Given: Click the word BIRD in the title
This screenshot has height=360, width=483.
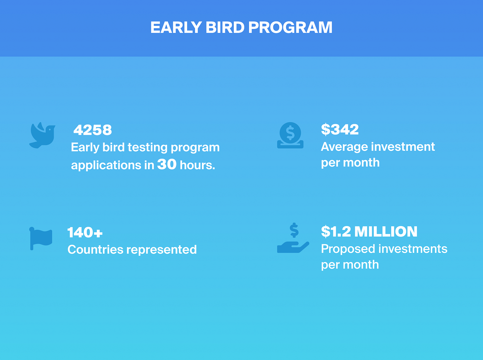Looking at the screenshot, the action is pos(225,27).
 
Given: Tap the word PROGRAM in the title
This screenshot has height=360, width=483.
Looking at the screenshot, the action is pos(290,27).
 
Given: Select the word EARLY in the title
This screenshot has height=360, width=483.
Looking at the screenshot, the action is pos(176,27).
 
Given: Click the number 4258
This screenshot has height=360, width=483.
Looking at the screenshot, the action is pos(93,130).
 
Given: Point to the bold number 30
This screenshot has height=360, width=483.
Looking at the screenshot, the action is pos(167,164).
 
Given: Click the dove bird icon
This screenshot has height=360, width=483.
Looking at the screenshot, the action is pos(42,135).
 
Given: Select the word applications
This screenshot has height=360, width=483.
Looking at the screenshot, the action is pos(106,165).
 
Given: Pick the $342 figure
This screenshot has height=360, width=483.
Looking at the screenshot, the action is pos(340,129).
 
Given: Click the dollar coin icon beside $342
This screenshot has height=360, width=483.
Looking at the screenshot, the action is pos(290,135).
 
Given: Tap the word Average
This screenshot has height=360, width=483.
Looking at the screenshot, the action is pos(344,147).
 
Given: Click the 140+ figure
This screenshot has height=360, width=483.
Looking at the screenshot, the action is pos(85,232).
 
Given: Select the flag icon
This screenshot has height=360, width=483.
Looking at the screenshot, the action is pos(41,239).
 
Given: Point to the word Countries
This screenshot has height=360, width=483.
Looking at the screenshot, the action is pos(95,250).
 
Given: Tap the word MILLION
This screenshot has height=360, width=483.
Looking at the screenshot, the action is pos(386,231).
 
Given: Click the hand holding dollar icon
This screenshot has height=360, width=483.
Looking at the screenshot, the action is pos(293,238).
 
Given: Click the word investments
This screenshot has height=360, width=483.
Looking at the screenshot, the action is pos(413,249).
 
